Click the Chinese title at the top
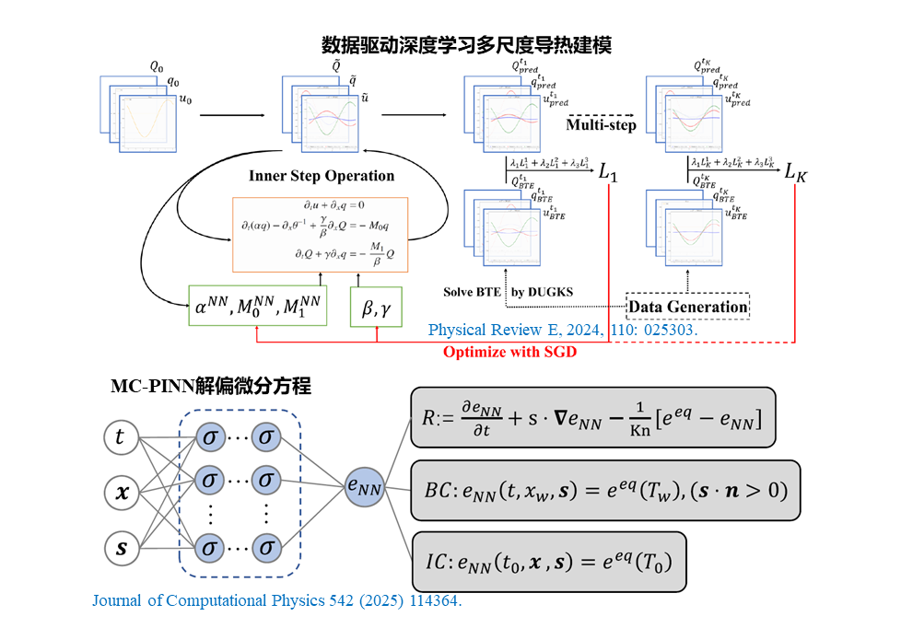pyautogui.click(x=466, y=44)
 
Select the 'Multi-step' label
pyautogui.click(x=601, y=124)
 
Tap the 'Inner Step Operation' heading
pyautogui.click(x=322, y=175)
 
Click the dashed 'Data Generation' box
pyautogui.click(x=688, y=306)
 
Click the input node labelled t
pyautogui.click(x=120, y=437)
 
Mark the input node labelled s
pyautogui.click(x=120, y=549)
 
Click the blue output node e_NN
pyautogui.click(x=363, y=484)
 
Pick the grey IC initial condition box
pyautogui.click(x=549, y=561)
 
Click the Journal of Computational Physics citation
pyautogui.click(x=276, y=601)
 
